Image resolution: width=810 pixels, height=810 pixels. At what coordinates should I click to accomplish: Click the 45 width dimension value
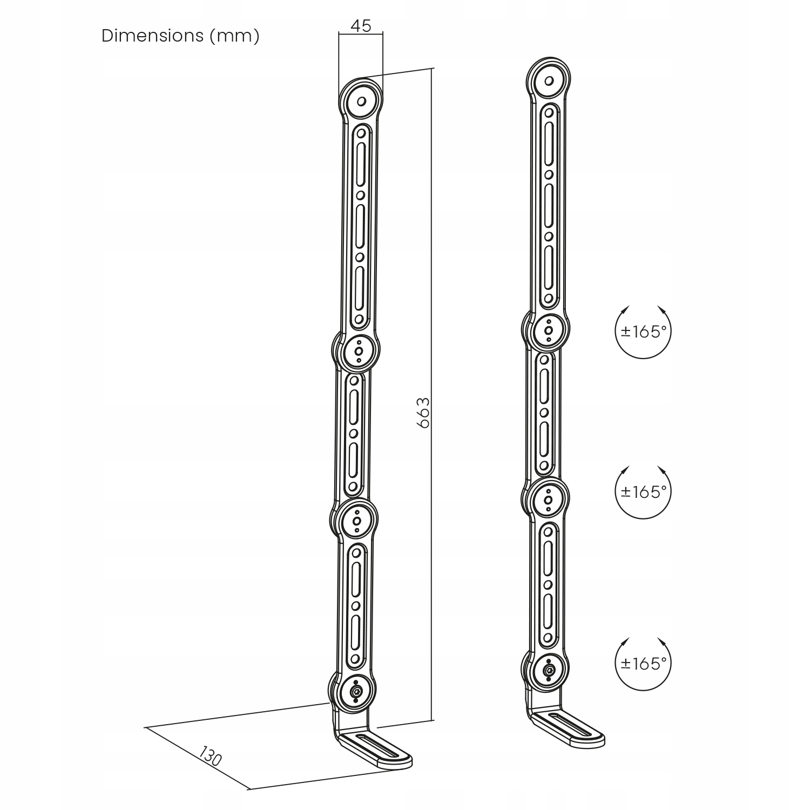(361, 25)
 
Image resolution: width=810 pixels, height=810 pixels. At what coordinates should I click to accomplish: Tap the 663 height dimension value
(424, 413)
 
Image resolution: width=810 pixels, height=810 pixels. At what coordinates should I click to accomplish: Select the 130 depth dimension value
(210, 755)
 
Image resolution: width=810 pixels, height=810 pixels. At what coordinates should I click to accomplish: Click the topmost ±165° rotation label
(643, 332)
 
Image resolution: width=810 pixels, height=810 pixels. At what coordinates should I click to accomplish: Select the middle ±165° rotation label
(643, 491)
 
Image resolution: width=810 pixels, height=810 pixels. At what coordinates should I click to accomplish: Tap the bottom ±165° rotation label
(643, 663)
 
